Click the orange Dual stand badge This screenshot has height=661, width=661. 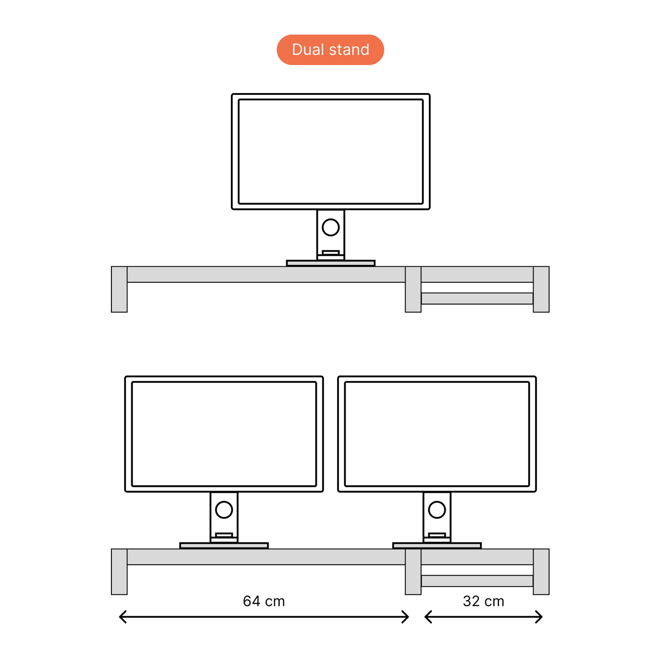[330, 50]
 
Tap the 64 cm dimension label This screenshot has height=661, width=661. [264, 601]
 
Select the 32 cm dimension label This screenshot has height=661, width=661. [483, 601]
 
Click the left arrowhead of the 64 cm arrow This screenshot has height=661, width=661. [121, 617]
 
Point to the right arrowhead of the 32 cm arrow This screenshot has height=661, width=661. [540, 617]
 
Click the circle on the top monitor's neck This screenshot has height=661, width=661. [330, 227]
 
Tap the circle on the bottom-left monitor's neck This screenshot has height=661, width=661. [224, 509]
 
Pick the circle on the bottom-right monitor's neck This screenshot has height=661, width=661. [437, 509]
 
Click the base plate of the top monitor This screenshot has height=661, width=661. [330, 263]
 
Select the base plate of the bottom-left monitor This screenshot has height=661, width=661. [224, 545]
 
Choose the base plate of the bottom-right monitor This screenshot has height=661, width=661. [437, 545]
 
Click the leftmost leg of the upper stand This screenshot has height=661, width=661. [119, 289]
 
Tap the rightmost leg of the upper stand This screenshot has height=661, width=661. [541, 289]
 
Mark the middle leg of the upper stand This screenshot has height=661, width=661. [413, 289]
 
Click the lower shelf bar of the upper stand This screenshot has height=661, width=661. [477, 298]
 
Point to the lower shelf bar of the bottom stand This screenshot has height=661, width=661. [477, 581]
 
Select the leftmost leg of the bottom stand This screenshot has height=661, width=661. [119, 571]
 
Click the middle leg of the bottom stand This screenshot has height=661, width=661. [413, 571]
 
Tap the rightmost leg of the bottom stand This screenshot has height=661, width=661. [541, 571]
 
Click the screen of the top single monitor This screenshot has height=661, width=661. [330, 152]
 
